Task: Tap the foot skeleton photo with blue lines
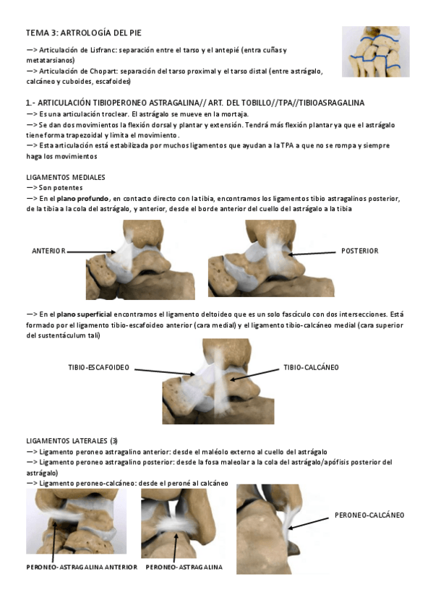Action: (x=375, y=51)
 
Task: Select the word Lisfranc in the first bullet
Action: (x=119, y=50)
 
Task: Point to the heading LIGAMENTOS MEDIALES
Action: (x=66, y=177)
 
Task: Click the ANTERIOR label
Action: (x=48, y=251)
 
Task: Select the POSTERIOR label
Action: (x=359, y=251)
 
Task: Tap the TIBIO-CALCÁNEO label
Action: (x=311, y=367)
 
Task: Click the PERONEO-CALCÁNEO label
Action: (x=369, y=515)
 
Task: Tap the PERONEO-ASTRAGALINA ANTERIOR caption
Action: (x=82, y=567)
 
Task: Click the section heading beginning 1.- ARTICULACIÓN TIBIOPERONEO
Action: (x=195, y=103)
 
